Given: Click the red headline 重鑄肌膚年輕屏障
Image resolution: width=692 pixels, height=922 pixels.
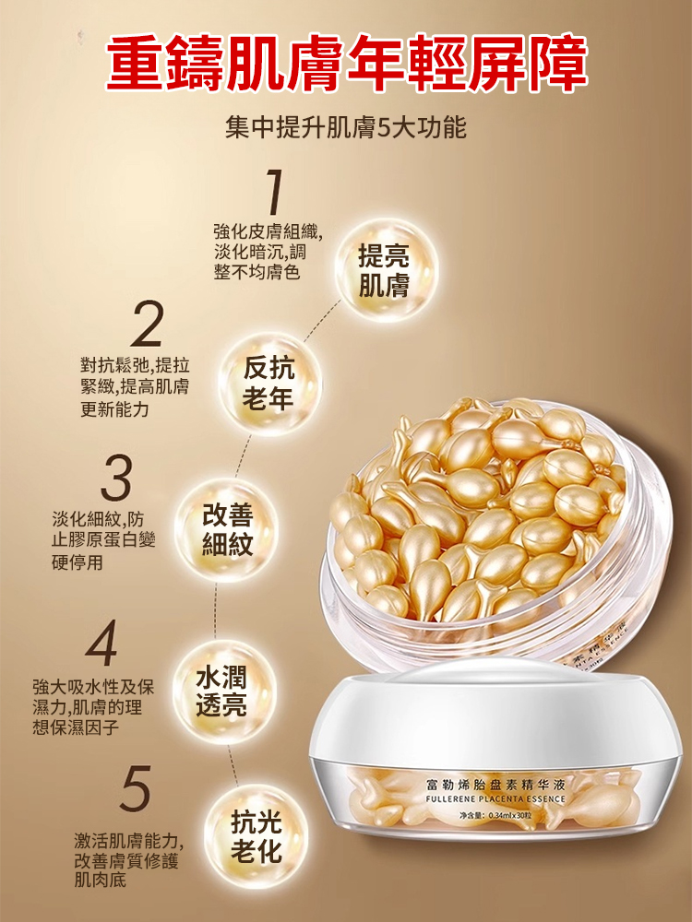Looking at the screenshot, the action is click(347, 64).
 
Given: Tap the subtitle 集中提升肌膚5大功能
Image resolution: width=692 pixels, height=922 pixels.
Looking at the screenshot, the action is click(346, 127).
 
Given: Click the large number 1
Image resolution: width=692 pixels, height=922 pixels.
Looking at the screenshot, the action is click(274, 191).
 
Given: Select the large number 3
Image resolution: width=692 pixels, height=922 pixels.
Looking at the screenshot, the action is click(116, 478).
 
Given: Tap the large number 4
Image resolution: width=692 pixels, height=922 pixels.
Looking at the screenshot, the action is click(101, 643).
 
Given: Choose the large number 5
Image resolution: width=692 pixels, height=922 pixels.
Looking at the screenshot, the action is click(136, 787).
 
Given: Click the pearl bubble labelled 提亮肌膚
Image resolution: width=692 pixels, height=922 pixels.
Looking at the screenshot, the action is click(386, 270).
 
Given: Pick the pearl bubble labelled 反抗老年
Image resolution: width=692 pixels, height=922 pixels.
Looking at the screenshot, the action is click(269, 384).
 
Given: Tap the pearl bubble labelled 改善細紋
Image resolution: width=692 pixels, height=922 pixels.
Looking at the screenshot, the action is click(227, 530).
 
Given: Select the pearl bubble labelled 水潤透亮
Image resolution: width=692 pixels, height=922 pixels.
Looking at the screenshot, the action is click(222, 692).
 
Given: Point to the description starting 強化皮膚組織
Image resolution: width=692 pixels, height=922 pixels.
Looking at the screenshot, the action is click(268, 252).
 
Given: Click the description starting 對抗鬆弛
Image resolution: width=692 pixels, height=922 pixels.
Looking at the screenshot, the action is click(136, 387).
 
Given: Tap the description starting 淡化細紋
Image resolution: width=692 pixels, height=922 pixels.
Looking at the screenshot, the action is click(103, 541).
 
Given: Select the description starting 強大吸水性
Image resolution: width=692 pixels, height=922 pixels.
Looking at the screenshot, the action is click(93, 707).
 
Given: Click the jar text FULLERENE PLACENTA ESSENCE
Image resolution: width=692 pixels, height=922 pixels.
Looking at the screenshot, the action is click(495, 799).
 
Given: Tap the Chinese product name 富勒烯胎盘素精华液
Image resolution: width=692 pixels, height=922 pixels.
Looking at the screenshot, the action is click(496, 784).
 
